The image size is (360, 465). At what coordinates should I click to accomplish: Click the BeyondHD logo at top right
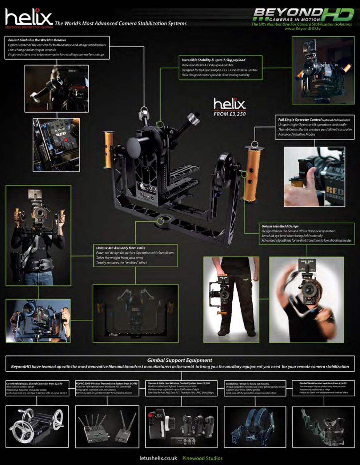click(x=303, y=15)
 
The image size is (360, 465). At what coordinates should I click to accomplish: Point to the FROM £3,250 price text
click(x=229, y=114)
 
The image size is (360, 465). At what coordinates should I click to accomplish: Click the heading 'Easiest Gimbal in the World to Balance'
click(x=37, y=40)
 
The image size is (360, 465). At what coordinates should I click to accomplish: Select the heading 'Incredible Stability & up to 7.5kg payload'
click(x=213, y=60)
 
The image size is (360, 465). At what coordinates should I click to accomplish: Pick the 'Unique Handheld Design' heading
click(x=280, y=226)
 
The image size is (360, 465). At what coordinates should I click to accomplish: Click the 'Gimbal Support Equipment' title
click(x=180, y=360)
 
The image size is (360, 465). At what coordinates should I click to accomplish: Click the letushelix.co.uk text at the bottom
click(x=159, y=458)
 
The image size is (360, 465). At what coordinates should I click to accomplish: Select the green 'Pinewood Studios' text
click(x=202, y=458)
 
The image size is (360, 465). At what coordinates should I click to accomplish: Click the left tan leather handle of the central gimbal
click(x=108, y=149)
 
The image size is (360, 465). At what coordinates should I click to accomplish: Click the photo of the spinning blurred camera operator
click(x=306, y=299)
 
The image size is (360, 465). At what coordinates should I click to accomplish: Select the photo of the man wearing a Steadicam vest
click(x=38, y=235)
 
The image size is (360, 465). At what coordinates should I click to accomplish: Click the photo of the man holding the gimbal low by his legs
click(x=231, y=299)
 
